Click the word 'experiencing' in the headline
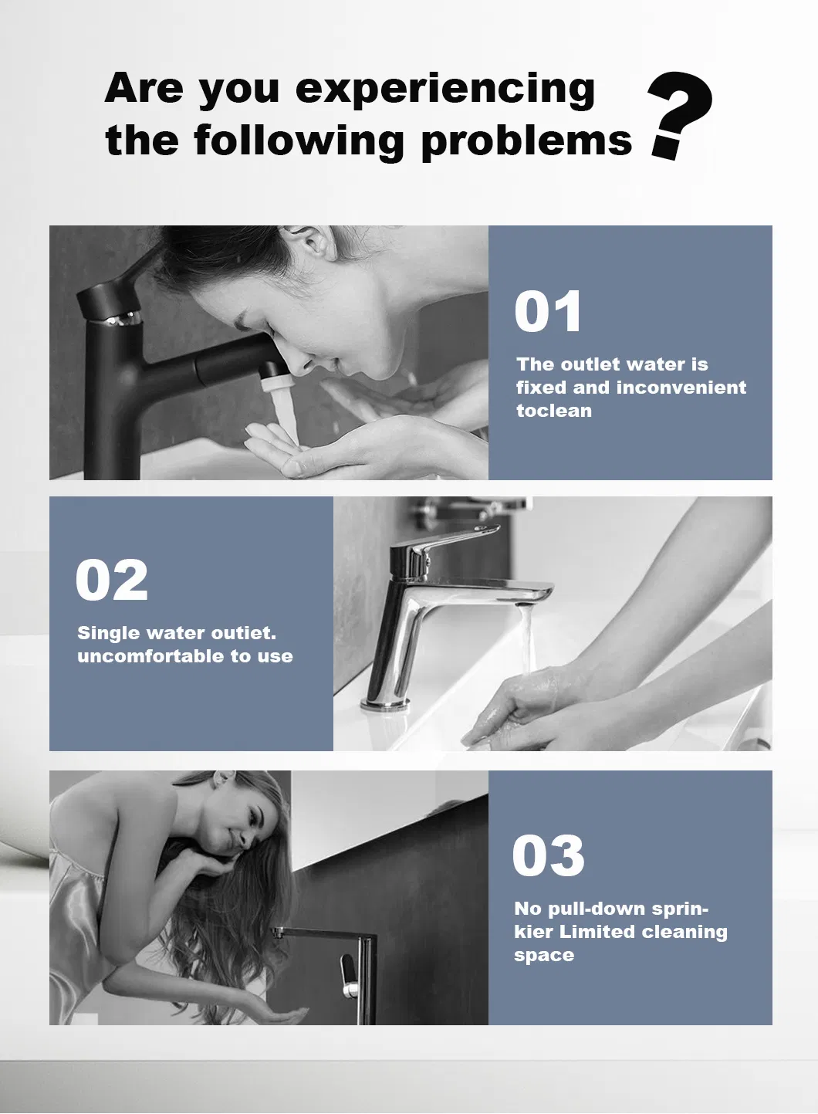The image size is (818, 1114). click(445, 90)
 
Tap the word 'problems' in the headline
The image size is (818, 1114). click(526, 142)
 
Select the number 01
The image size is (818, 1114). click(547, 311)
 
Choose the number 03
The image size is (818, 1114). click(548, 855)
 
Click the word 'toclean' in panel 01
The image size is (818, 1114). click(554, 411)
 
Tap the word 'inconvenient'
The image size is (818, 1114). click(681, 388)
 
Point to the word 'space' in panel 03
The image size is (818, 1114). click(544, 956)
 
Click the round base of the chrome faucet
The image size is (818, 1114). click(385, 703)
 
